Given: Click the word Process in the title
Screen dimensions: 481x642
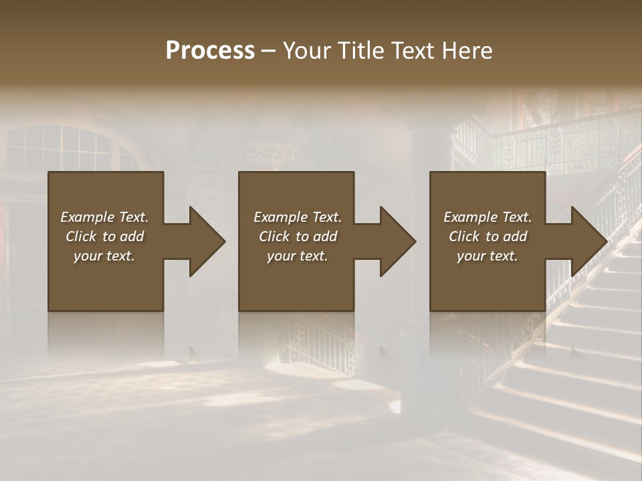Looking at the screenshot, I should pos(210,50).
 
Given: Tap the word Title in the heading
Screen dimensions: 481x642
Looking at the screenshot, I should pos(360,50).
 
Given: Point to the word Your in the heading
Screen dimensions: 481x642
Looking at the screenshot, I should pos(307,50).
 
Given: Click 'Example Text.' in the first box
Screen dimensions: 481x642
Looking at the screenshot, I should pos(105,217).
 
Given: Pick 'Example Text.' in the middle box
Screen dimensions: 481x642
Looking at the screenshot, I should pos(298,217).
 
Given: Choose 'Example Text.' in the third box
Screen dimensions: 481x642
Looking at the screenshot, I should pos(488,217).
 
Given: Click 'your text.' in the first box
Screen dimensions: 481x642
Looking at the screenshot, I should pos(104,256).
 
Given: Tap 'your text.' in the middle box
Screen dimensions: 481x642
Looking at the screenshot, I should pos(298,256).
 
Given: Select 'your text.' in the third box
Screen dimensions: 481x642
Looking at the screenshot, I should pos(488,256).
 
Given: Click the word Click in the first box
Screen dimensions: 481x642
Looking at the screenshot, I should pos(82,236).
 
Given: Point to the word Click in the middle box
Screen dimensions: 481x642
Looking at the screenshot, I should pos(275,236).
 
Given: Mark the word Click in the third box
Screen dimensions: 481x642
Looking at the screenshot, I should pos(465,236).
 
